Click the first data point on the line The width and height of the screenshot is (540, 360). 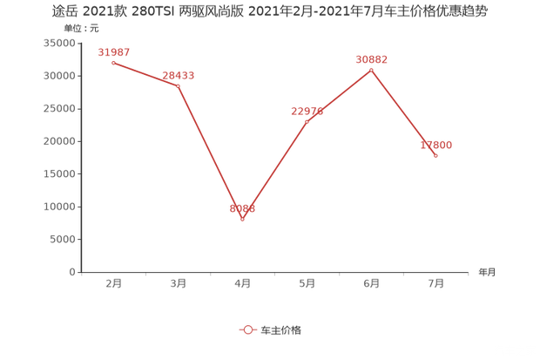coord(113,63)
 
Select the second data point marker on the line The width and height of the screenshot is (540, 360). coord(178,85)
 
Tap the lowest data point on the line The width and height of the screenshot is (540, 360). coord(242,219)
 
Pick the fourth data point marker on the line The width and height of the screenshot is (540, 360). coord(307,120)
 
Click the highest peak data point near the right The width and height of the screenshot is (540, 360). coord(371,69)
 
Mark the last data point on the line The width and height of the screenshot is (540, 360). coord(435,155)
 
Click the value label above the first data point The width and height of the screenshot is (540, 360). coord(114,52)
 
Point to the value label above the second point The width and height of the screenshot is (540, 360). coord(179,75)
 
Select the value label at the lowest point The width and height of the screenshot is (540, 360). coord(242,208)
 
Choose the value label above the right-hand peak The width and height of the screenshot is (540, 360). coord(371,58)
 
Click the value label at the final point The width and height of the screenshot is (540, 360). coord(436,145)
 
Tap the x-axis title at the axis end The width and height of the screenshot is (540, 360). coord(485,272)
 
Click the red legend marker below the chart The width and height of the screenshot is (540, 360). coord(247,329)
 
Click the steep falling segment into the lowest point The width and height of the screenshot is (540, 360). coord(210,153)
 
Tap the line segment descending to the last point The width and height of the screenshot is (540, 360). coord(403,112)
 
